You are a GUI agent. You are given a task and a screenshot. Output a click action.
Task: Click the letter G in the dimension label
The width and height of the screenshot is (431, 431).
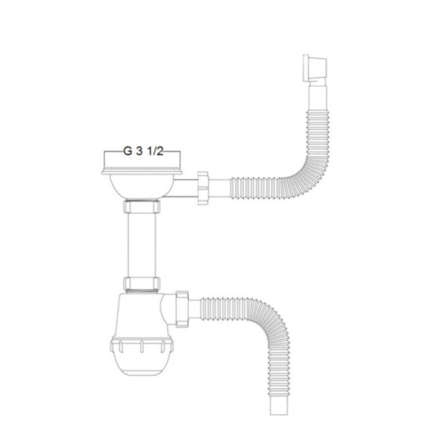(127, 152)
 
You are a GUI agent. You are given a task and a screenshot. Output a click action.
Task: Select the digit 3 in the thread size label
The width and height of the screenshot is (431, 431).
(140, 152)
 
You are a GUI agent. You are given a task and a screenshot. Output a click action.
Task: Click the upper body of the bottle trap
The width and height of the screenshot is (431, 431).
(141, 312)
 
